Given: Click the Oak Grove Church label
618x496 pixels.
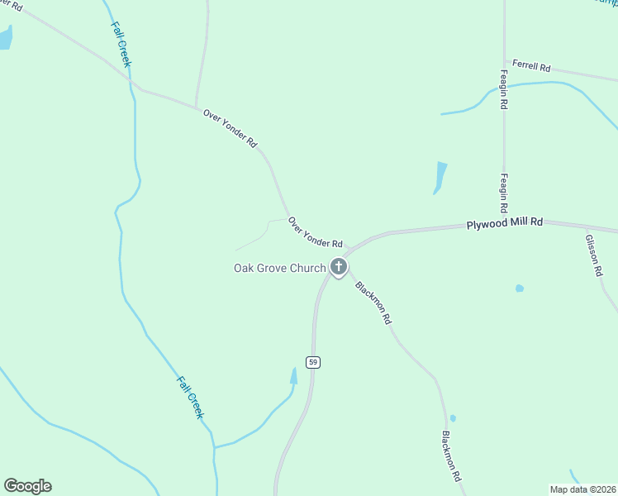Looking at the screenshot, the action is [x=279, y=268].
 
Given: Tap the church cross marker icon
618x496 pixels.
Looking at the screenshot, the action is [x=339, y=266].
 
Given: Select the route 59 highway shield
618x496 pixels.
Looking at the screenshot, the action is [x=312, y=362].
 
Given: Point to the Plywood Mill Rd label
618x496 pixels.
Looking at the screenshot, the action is [x=504, y=223].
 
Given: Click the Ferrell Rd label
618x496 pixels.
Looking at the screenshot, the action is [x=531, y=64].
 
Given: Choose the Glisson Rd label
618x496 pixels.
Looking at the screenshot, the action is [x=594, y=255].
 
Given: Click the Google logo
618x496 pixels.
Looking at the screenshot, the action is [x=27, y=486].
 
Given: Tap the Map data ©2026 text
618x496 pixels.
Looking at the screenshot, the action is [x=582, y=489].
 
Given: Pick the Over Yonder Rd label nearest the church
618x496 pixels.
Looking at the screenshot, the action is [x=316, y=232].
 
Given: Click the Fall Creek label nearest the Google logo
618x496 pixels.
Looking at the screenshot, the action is [x=190, y=397].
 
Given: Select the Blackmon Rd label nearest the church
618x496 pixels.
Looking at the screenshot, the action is [x=373, y=303].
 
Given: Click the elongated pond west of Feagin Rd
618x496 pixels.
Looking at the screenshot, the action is [x=440, y=177].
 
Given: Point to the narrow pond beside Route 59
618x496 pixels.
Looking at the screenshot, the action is [x=293, y=377].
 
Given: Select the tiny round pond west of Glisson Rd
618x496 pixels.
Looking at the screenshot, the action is [x=519, y=289].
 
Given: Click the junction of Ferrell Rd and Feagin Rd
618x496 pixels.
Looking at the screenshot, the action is [x=504, y=60].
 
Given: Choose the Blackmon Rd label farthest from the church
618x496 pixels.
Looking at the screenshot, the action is [x=450, y=456].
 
